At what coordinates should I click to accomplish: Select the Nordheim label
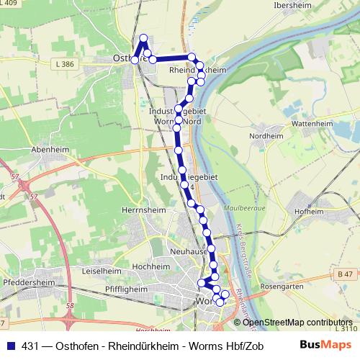pyautogui.click(x=266, y=135)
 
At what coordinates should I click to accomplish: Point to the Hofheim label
pyautogui.click(x=309, y=212)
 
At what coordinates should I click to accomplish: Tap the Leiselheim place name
pyautogui.click(x=101, y=271)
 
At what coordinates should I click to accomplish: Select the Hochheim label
pyautogui.click(x=151, y=266)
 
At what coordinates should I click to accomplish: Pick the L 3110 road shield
pyautogui.click(x=346, y=328)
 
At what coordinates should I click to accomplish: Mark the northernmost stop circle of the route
pyautogui.click(x=143, y=38)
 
